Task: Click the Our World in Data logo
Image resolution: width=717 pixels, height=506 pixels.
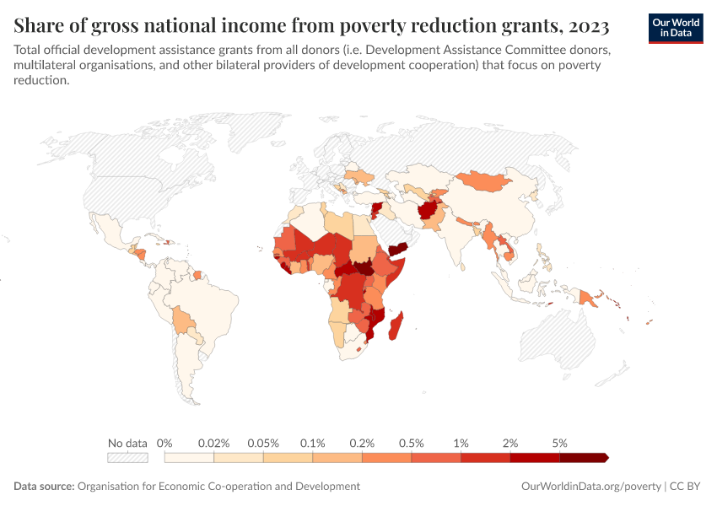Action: click(675, 28)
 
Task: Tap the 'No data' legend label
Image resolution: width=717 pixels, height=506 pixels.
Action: click(127, 443)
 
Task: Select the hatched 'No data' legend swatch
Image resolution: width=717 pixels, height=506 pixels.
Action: click(127, 458)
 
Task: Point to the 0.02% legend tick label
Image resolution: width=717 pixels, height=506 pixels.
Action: click(214, 443)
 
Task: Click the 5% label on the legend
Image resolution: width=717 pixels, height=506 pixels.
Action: click(559, 443)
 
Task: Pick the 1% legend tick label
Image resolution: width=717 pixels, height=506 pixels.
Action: click(461, 443)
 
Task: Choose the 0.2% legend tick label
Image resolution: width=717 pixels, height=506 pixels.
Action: click(362, 443)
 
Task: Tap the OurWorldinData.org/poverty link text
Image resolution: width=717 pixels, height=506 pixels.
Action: click(590, 487)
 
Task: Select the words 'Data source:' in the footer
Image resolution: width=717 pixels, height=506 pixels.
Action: click(44, 487)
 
